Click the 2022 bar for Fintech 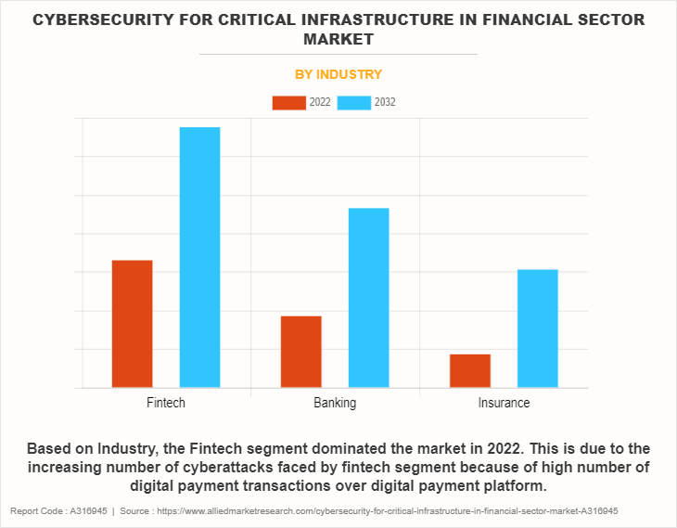pos(132,324)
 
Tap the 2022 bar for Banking pos(300,352)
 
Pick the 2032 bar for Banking pos(368,298)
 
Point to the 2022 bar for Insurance pos(470,370)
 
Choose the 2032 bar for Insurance pos(538,328)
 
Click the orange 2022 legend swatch pos(288,102)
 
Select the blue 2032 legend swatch pos(354,102)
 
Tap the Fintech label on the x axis pos(166,403)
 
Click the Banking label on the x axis pos(335,403)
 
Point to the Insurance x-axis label pos(504,403)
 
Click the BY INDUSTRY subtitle pos(338,74)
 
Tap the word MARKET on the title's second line pos(338,40)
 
